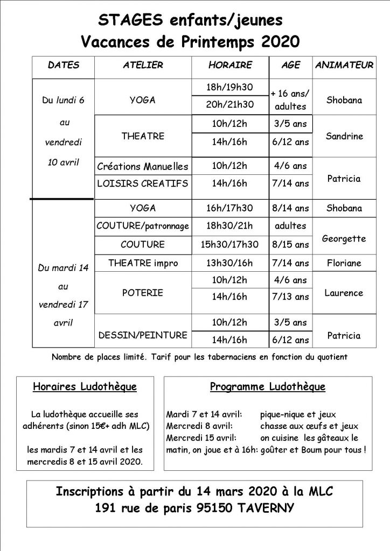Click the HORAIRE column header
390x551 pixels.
(x=230, y=66)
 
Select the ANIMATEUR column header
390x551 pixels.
(x=344, y=66)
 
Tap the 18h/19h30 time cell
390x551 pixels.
(x=230, y=87)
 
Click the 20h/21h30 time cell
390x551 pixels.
(x=230, y=104)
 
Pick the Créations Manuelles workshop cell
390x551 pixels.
(x=143, y=166)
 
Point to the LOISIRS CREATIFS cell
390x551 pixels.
(x=143, y=183)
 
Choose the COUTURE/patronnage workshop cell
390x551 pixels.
(x=143, y=226)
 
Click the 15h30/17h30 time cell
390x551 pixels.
(x=230, y=244)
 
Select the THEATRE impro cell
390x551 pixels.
(x=143, y=263)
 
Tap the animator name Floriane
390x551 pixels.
(x=344, y=263)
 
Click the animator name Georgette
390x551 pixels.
(x=344, y=238)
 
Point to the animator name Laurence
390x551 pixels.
(x=344, y=293)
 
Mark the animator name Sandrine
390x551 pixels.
(x=344, y=136)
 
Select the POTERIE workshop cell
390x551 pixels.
(x=143, y=293)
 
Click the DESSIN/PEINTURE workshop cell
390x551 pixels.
(x=143, y=335)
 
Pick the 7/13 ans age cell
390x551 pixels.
(x=291, y=297)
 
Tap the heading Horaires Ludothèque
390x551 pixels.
(x=85, y=387)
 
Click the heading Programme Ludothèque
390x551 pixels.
(x=268, y=387)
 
